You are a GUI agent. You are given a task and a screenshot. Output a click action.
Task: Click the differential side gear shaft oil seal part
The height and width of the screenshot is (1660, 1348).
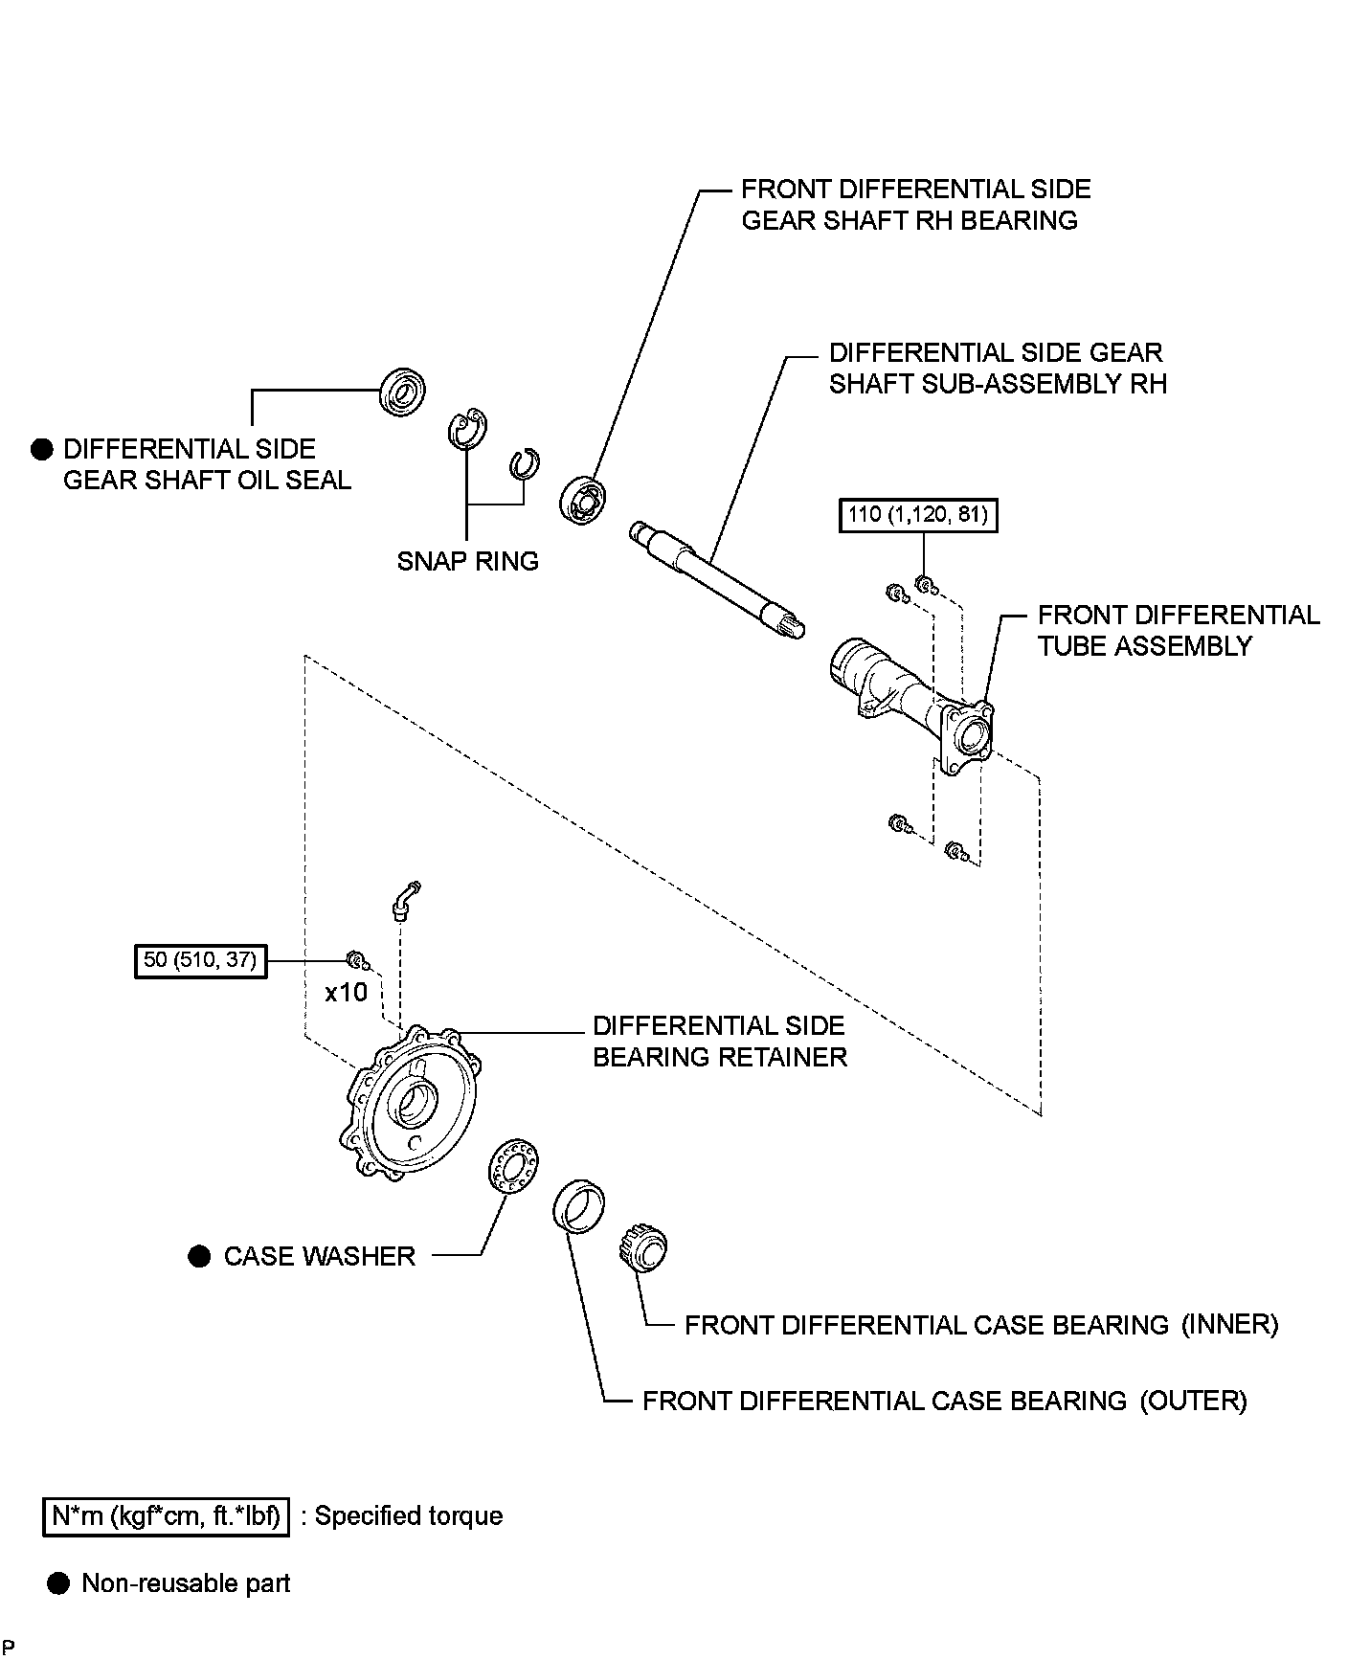(403, 391)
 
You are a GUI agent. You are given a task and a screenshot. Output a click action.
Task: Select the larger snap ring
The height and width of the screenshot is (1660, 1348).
(467, 430)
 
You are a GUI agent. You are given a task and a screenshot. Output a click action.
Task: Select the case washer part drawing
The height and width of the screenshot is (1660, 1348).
(512, 1165)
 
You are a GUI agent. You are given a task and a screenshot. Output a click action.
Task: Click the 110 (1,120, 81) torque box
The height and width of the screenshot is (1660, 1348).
(917, 516)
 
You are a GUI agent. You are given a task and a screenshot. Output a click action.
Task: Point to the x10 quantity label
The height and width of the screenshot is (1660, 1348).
(346, 993)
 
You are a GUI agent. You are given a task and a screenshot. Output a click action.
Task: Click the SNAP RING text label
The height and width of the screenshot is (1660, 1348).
(468, 561)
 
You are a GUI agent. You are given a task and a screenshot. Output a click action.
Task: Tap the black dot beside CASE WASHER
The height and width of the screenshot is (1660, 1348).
(199, 1257)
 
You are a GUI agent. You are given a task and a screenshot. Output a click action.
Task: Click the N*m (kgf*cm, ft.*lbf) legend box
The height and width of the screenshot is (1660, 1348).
(166, 1516)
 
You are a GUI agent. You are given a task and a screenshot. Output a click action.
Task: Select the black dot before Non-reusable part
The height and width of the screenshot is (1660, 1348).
(58, 1583)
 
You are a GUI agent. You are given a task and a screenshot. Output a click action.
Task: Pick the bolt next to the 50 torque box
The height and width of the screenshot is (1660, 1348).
(354, 959)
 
